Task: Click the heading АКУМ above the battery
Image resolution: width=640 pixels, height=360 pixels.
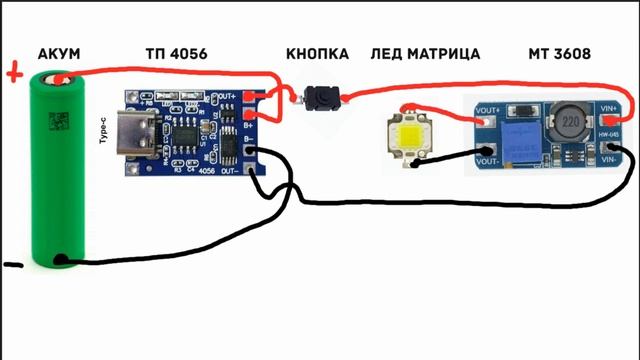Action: pos(58,52)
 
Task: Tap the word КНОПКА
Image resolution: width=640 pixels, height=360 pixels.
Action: pos(318,52)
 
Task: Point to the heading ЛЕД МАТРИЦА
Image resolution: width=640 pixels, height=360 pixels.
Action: pos(424,52)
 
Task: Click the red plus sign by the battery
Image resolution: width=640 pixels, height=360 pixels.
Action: pos(14,72)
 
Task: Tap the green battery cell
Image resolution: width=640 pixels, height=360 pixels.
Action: pos(60,170)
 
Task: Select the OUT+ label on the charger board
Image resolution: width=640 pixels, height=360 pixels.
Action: pos(229,96)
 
